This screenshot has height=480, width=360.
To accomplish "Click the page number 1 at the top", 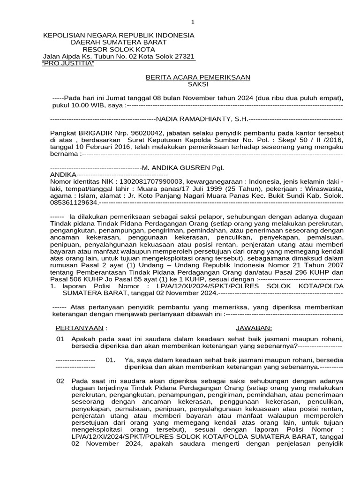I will [192, 22].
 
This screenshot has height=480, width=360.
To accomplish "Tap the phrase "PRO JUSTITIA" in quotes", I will [68, 63].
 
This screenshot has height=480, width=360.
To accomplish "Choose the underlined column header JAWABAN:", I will [254, 327].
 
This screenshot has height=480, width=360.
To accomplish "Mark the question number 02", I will [60, 381].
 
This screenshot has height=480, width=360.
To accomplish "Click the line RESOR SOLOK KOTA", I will [119, 49].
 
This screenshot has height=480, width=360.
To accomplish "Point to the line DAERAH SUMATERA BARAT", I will [119, 42].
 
